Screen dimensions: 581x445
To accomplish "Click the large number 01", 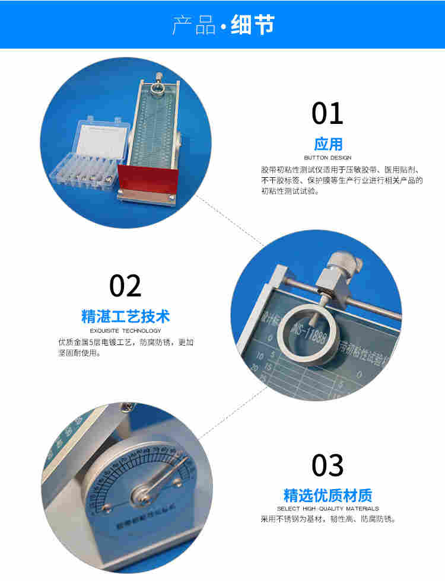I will (328, 113).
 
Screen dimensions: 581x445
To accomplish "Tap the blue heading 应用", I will (328, 144).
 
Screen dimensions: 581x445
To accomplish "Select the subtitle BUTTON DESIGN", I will (328, 158).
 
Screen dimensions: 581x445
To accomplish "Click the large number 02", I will (126, 286).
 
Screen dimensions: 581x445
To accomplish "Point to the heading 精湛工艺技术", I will (125, 317).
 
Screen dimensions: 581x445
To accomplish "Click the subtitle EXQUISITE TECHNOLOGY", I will (125, 330).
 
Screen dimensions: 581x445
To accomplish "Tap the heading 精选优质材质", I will (328, 496).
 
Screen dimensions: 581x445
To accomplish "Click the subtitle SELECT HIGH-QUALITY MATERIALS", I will (328, 509).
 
